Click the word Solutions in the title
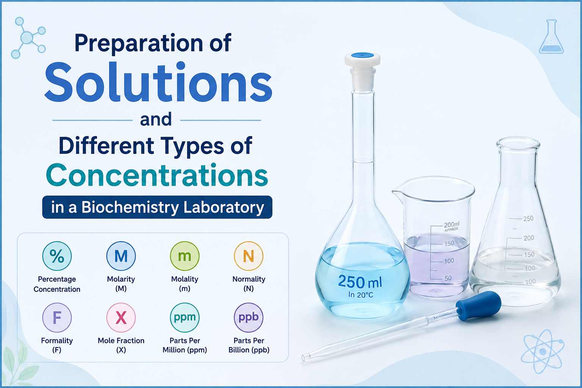point(158,82)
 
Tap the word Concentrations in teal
point(157,175)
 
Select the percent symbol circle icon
point(57,256)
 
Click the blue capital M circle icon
point(121,256)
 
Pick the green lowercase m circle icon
point(185,256)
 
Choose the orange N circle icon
point(249,256)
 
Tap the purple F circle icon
point(57,317)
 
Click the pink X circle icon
point(121,317)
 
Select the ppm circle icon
point(185,317)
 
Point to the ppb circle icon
point(249,317)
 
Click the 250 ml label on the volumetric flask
point(360,282)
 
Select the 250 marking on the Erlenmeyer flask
point(528,219)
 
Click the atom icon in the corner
point(543,351)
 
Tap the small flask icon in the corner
point(551,37)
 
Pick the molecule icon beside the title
point(28,38)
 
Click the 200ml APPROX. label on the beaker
point(452,226)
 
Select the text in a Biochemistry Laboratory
point(158,207)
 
